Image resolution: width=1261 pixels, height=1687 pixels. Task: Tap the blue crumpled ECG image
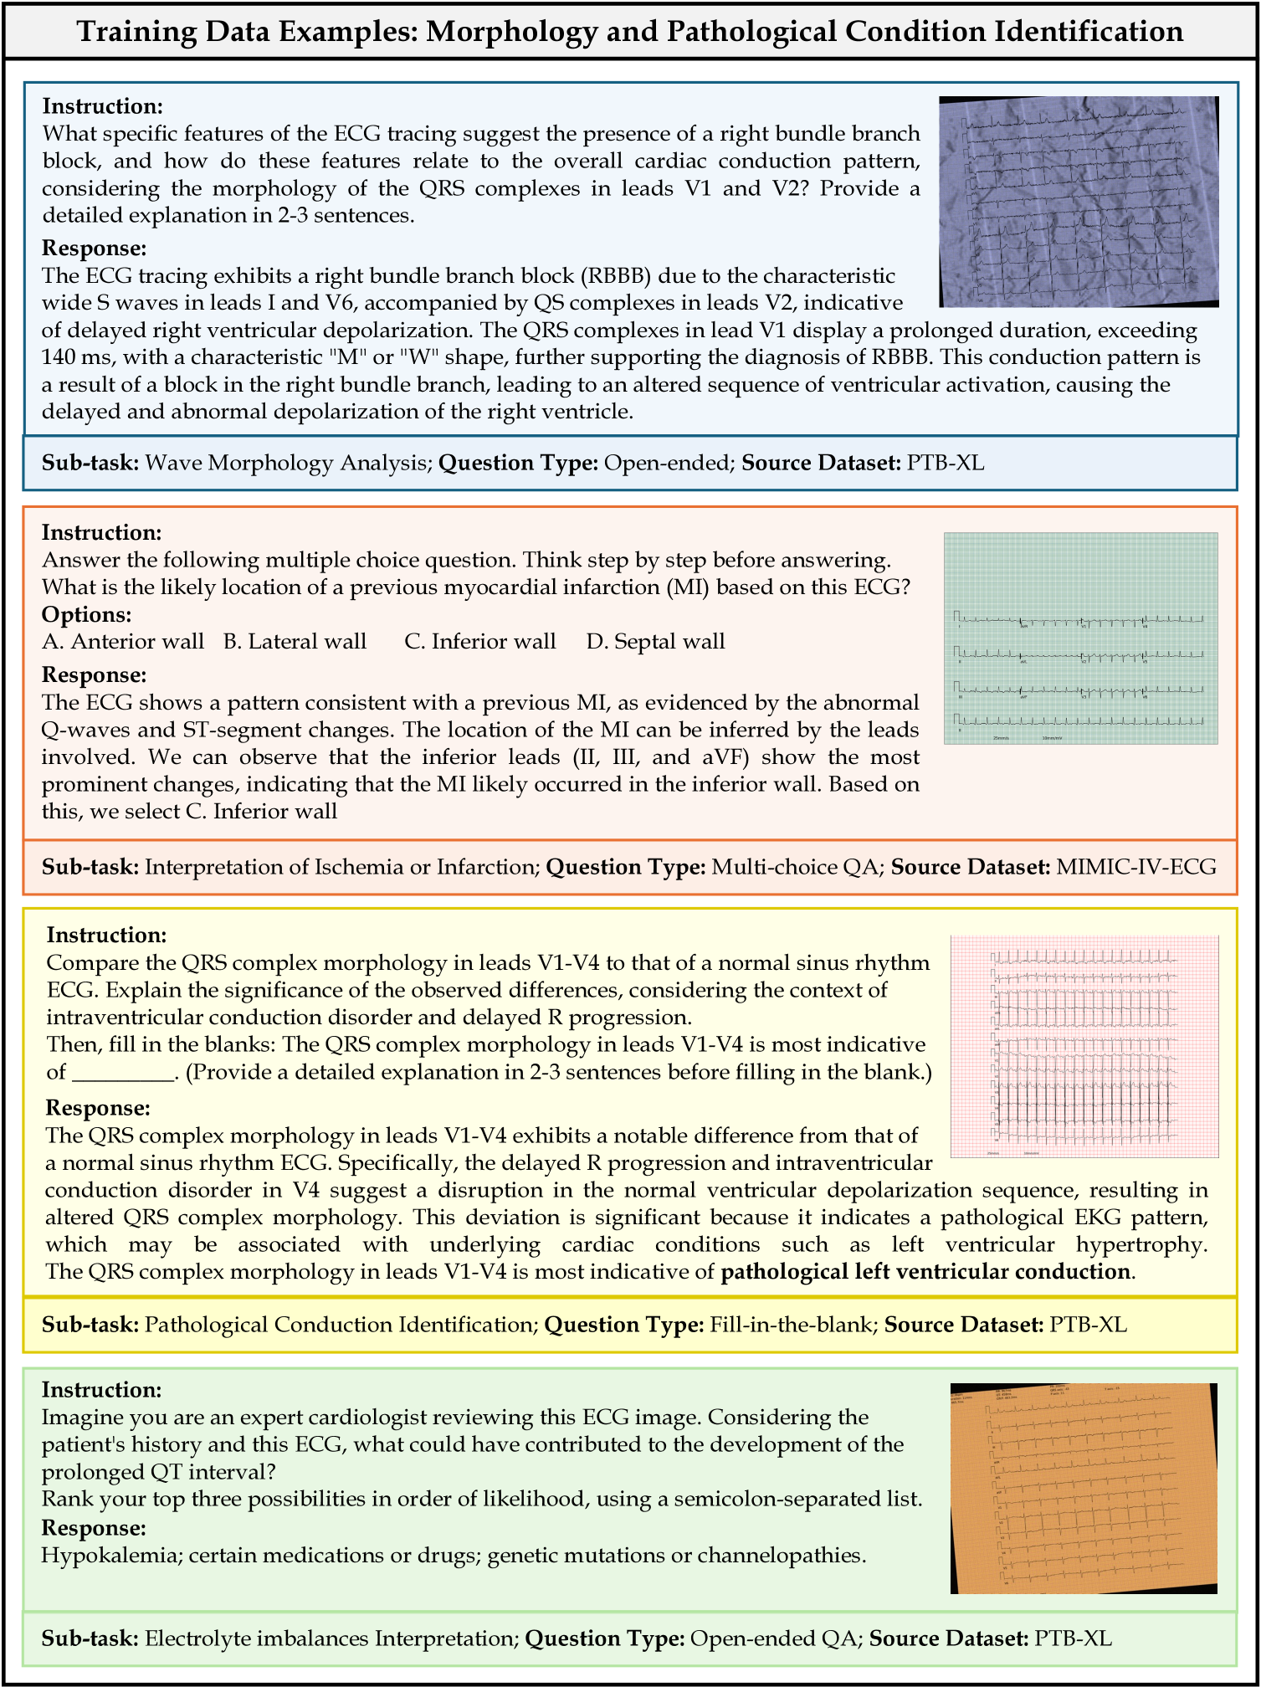click(1079, 201)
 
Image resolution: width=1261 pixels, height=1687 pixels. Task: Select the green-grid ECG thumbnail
click(1080, 638)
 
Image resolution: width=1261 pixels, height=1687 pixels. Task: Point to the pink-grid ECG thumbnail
click(1084, 1046)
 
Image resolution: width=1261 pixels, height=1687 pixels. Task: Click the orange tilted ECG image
click(1084, 1487)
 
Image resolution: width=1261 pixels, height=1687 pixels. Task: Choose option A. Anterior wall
click(123, 642)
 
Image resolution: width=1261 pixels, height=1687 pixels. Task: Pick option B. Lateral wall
click(295, 642)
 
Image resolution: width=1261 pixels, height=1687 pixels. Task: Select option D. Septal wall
click(655, 642)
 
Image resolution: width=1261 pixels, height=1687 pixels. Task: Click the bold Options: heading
click(86, 614)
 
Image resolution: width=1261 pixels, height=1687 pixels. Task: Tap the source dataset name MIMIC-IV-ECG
click(1136, 867)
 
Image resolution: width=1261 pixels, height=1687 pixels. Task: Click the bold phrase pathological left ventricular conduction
click(925, 1272)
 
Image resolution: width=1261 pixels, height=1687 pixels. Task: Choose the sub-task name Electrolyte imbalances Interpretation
click(331, 1638)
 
